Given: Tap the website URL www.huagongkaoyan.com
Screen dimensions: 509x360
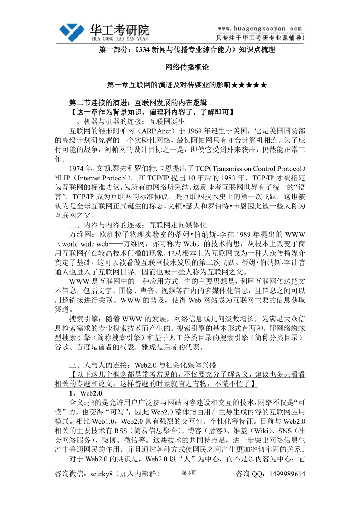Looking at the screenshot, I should tap(259, 28).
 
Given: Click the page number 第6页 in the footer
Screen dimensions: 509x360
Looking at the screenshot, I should tap(189, 473).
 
